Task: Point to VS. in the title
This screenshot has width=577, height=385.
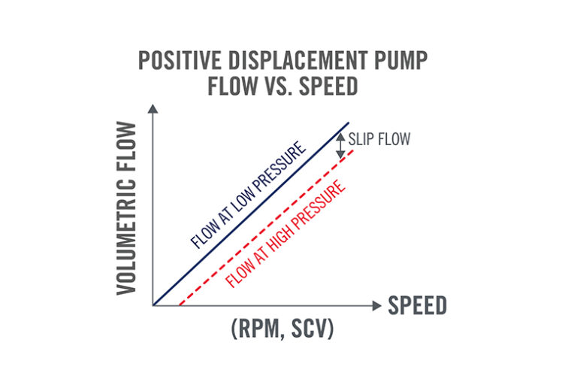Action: [291, 88]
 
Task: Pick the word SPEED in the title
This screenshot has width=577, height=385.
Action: [338, 88]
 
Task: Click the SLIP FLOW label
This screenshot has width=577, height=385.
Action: [379, 140]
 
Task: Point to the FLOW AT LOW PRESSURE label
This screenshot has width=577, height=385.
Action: [249, 193]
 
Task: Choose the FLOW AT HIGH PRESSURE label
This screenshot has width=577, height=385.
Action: [287, 232]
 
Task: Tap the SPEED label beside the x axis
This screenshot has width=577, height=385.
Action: [417, 305]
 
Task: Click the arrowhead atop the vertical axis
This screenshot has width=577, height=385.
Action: [153, 109]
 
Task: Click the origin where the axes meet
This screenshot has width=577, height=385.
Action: [153, 305]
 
